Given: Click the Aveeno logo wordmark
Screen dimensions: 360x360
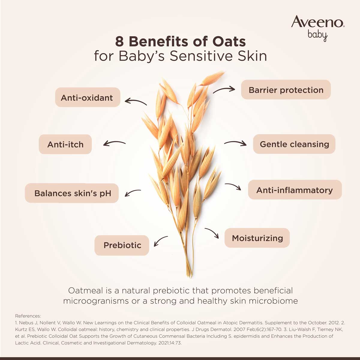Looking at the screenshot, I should (x=317, y=22).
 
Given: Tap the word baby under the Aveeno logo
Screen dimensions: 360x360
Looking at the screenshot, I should (x=317, y=35).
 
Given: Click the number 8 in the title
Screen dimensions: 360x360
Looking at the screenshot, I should (x=119, y=42).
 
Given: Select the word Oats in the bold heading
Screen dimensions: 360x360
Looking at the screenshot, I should (x=229, y=42).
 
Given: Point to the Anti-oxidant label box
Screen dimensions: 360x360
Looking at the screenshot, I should (x=87, y=97).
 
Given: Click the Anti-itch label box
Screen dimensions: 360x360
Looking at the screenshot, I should (x=65, y=144).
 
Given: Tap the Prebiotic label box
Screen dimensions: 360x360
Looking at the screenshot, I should (x=122, y=245).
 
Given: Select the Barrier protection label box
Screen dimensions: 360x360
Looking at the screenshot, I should (x=286, y=90).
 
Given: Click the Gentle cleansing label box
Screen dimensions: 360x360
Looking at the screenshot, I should (x=294, y=144).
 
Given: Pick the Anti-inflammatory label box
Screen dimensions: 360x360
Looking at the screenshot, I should (x=295, y=190).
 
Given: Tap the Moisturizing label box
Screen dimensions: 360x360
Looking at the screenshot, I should (x=257, y=238).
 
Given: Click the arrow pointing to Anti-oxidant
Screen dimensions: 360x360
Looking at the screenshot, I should (x=136, y=101).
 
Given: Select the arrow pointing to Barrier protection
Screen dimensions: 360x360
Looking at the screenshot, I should (x=224, y=89).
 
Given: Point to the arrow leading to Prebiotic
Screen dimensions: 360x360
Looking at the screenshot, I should (x=160, y=241).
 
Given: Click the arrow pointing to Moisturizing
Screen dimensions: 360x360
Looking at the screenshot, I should (x=212, y=232).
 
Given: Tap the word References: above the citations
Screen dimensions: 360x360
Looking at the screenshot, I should (x=28, y=316).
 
